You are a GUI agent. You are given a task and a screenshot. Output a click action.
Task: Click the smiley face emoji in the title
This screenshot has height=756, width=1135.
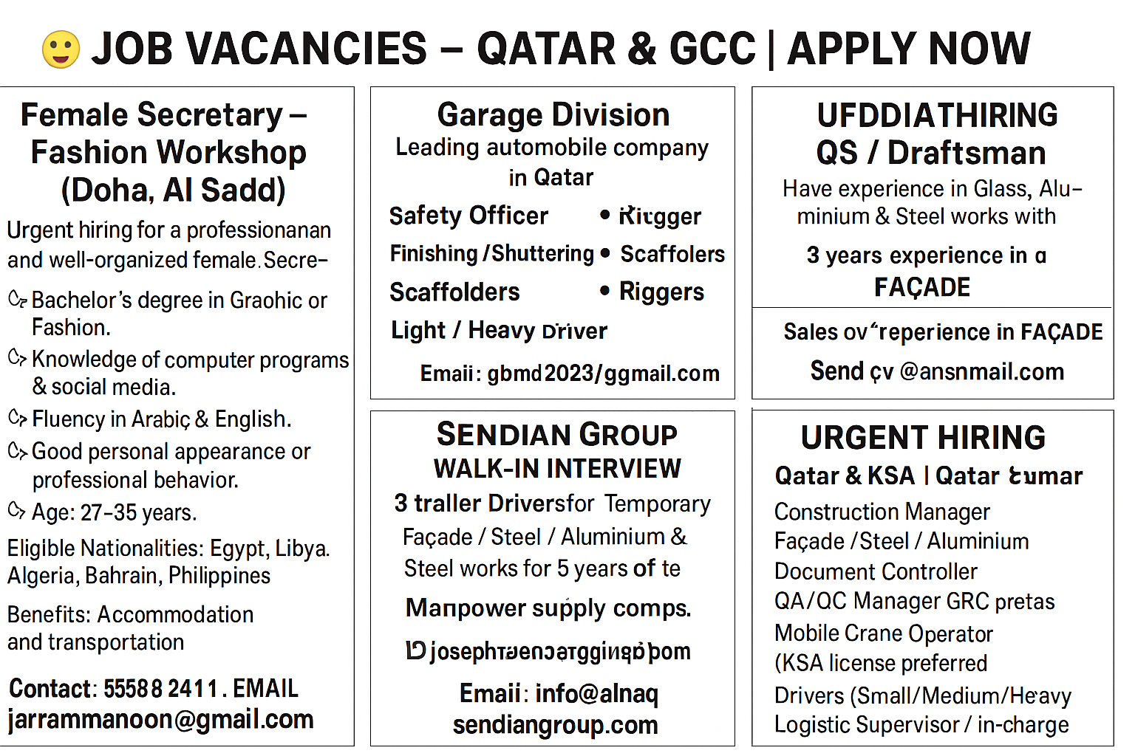click(61, 49)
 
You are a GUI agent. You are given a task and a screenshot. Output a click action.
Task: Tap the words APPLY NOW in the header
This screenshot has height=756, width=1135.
click(908, 49)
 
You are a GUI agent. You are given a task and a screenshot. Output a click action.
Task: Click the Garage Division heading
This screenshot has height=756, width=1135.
click(553, 115)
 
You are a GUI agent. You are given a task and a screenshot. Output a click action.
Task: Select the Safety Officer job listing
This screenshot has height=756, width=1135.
click(468, 216)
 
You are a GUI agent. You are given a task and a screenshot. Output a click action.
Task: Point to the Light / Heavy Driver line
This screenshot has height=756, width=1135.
click(499, 331)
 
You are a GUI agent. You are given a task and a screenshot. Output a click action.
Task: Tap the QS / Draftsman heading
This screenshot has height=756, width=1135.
click(931, 153)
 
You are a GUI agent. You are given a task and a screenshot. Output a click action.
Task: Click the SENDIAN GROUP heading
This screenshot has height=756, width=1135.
click(556, 434)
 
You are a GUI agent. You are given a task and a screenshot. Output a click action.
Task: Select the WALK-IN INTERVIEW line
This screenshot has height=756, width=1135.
click(557, 468)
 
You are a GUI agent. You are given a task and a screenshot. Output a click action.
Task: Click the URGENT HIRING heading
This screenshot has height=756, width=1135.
click(923, 438)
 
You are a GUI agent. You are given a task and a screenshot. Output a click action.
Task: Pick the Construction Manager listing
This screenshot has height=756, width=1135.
click(882, 512)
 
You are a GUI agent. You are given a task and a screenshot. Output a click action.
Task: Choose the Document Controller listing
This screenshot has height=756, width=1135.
click(876, 571)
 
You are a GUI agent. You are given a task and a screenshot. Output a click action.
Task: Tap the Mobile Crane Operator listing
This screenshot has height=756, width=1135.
click(883, 633)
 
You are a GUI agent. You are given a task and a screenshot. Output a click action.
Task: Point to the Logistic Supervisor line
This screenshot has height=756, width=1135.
click(921, 725)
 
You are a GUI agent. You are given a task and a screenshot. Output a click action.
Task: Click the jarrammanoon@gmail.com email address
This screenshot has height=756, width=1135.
click(160, 719)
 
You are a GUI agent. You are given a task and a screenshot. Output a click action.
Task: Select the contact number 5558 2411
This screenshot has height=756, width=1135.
click(160, 689)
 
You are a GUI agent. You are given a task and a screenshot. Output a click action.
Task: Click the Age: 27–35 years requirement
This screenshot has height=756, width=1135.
click(114, 512)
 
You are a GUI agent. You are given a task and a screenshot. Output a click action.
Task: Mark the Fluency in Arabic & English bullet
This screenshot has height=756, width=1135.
click(161, 419)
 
